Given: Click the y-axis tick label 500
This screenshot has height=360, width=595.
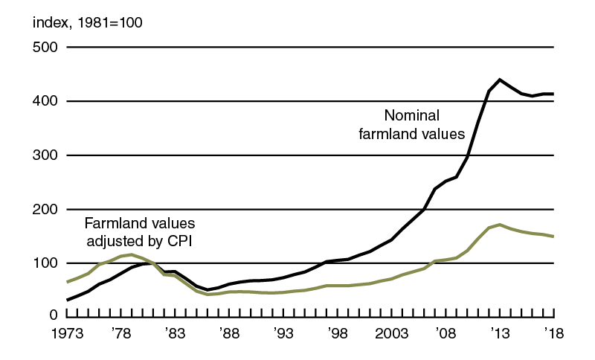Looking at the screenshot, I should tap(45, 48).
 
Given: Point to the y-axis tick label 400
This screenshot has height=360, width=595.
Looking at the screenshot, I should tap(45, 101).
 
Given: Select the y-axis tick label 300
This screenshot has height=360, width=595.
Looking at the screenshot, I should tap(45, 155).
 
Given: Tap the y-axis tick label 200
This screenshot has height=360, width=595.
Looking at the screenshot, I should tap(45, 210).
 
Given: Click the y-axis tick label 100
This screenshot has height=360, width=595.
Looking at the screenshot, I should tap(45, 263).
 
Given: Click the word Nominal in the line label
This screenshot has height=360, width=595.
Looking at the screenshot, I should tap(412, 116).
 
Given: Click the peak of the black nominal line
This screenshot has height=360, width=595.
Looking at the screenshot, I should tap(500, 80).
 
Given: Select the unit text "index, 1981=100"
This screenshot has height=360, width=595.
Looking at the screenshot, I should tap(88, 22).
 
